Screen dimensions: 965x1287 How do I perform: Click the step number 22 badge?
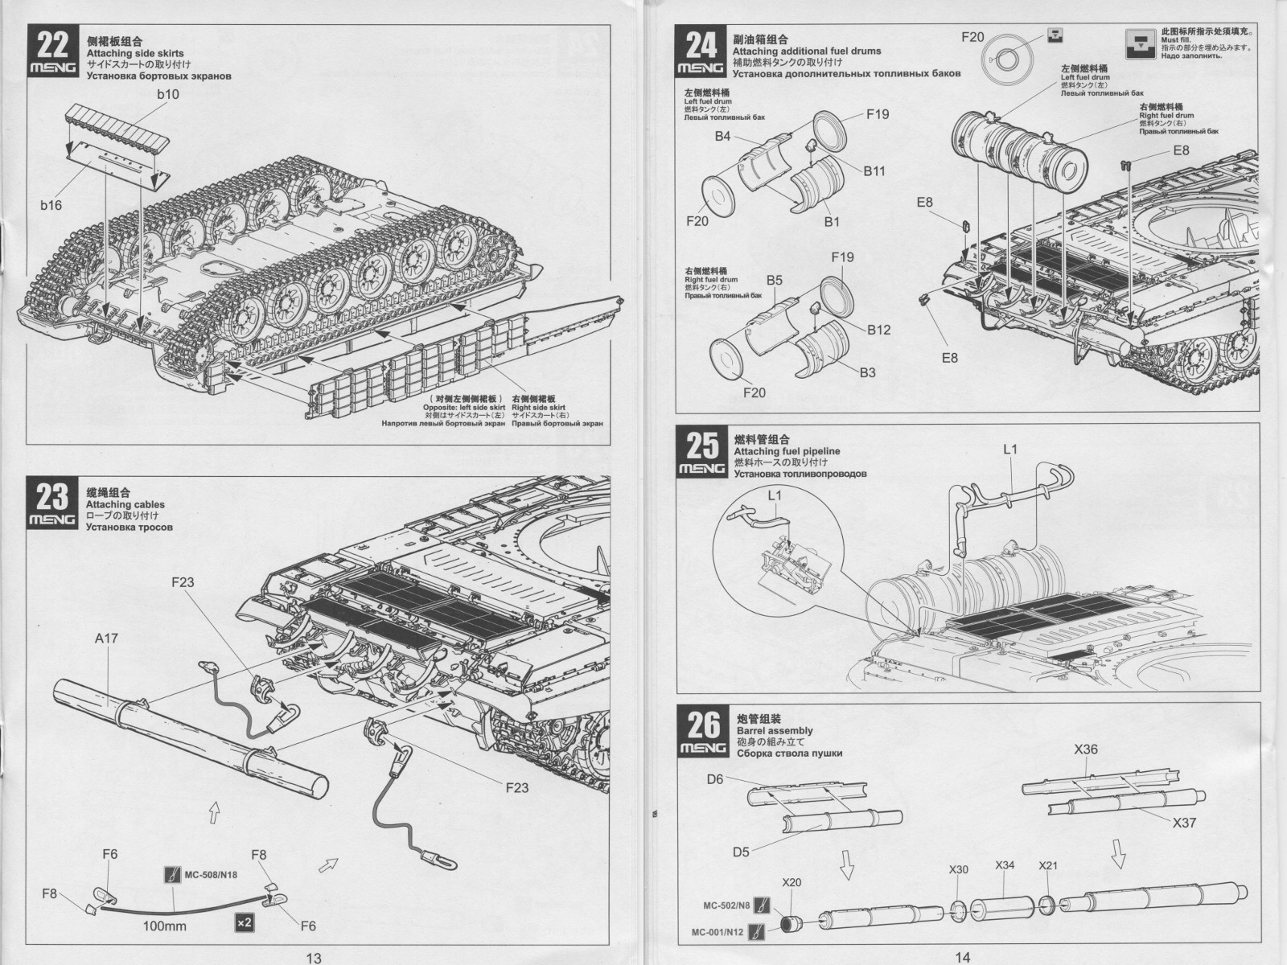click(x=53, y=51)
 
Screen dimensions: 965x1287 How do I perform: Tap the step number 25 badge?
click(x=703, y=453)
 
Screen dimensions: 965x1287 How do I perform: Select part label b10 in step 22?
click(x=168, y=94)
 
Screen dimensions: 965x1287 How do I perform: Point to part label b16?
click(x=51, y=205)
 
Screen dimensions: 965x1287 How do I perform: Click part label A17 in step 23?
click(x=106, y=638)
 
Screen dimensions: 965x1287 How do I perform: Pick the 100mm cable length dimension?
click(x=164, y=926)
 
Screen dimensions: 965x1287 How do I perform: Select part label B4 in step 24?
click(x=722, y=136)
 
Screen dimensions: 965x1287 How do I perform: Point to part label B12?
click(x=879, y=330)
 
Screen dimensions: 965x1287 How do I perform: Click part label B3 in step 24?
click(x=867, y=372)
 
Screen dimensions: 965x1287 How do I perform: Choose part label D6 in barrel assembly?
click(x=715, y=778)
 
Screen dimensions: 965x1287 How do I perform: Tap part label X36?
click(x=1086, y=749)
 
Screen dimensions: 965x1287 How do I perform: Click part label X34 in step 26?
click(x=1005, y=864)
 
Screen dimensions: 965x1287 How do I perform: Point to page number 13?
click(x=313, y=957)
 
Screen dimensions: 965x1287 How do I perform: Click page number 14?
click(x=962, y=957)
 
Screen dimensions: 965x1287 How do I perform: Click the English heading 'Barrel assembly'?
click(x=775, y=731)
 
